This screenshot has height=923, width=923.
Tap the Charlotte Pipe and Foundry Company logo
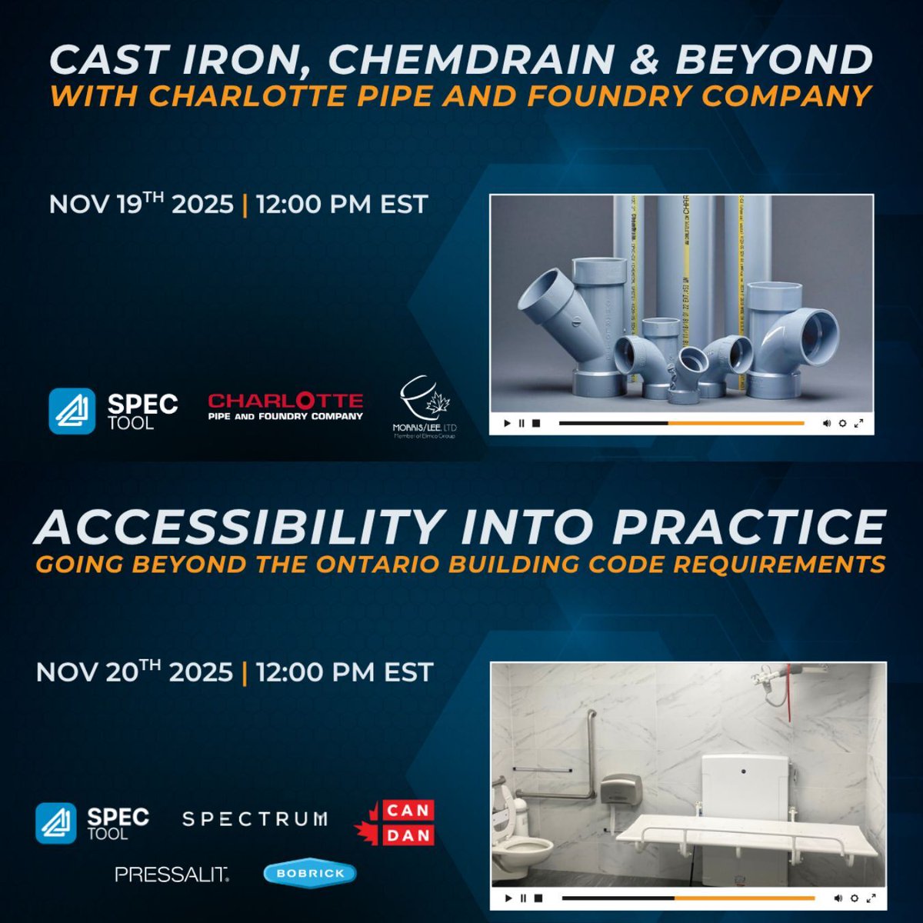tap(285, 406)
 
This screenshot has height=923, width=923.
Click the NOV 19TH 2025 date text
tap(141, 205)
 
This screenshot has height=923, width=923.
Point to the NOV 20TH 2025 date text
tap(134, 671)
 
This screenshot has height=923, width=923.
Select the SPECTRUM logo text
tap(255, 819)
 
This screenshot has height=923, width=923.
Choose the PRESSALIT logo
tap(172, 874)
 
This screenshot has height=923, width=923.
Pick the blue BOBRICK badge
tap(309, 873)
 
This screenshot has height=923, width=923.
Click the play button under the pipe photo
tap(507, 423)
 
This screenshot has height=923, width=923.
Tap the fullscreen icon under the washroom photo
tap(871, 898)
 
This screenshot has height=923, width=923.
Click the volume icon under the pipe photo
tap(827, 423)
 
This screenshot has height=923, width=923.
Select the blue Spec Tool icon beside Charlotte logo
tap(72, 411)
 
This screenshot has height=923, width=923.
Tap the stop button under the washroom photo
tap(538, 898)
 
